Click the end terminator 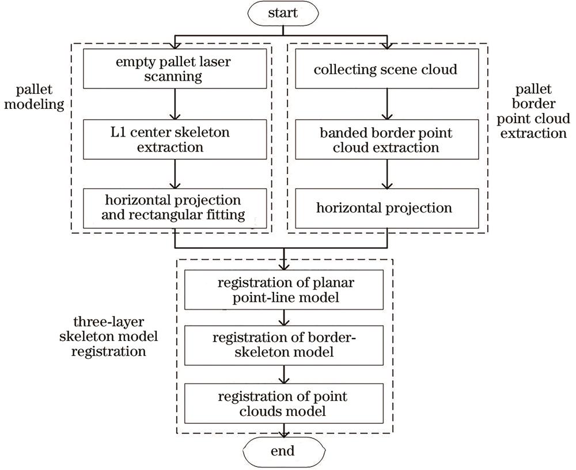[283, 451]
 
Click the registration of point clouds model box [283, 404]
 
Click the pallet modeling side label [40, 98]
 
